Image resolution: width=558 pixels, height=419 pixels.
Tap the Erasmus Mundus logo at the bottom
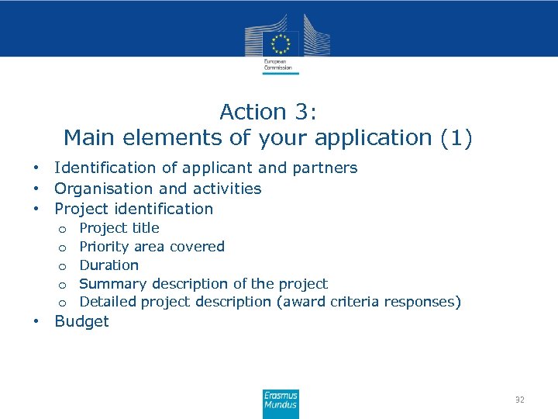tap(280, 404)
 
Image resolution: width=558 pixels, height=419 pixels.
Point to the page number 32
tap(519, 400)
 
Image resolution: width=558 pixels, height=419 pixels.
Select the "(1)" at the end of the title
tap(456, 138)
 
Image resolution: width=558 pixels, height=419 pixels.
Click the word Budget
tap(81, 321)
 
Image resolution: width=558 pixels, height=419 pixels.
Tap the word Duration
tap(109, 265)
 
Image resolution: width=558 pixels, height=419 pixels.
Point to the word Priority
tap(105, 247)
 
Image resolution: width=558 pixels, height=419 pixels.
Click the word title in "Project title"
tap(146, 228)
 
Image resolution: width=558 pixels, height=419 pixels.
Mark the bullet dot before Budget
tap(36, 322)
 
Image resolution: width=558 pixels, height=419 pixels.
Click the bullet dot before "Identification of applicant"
tap(36, 168)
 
